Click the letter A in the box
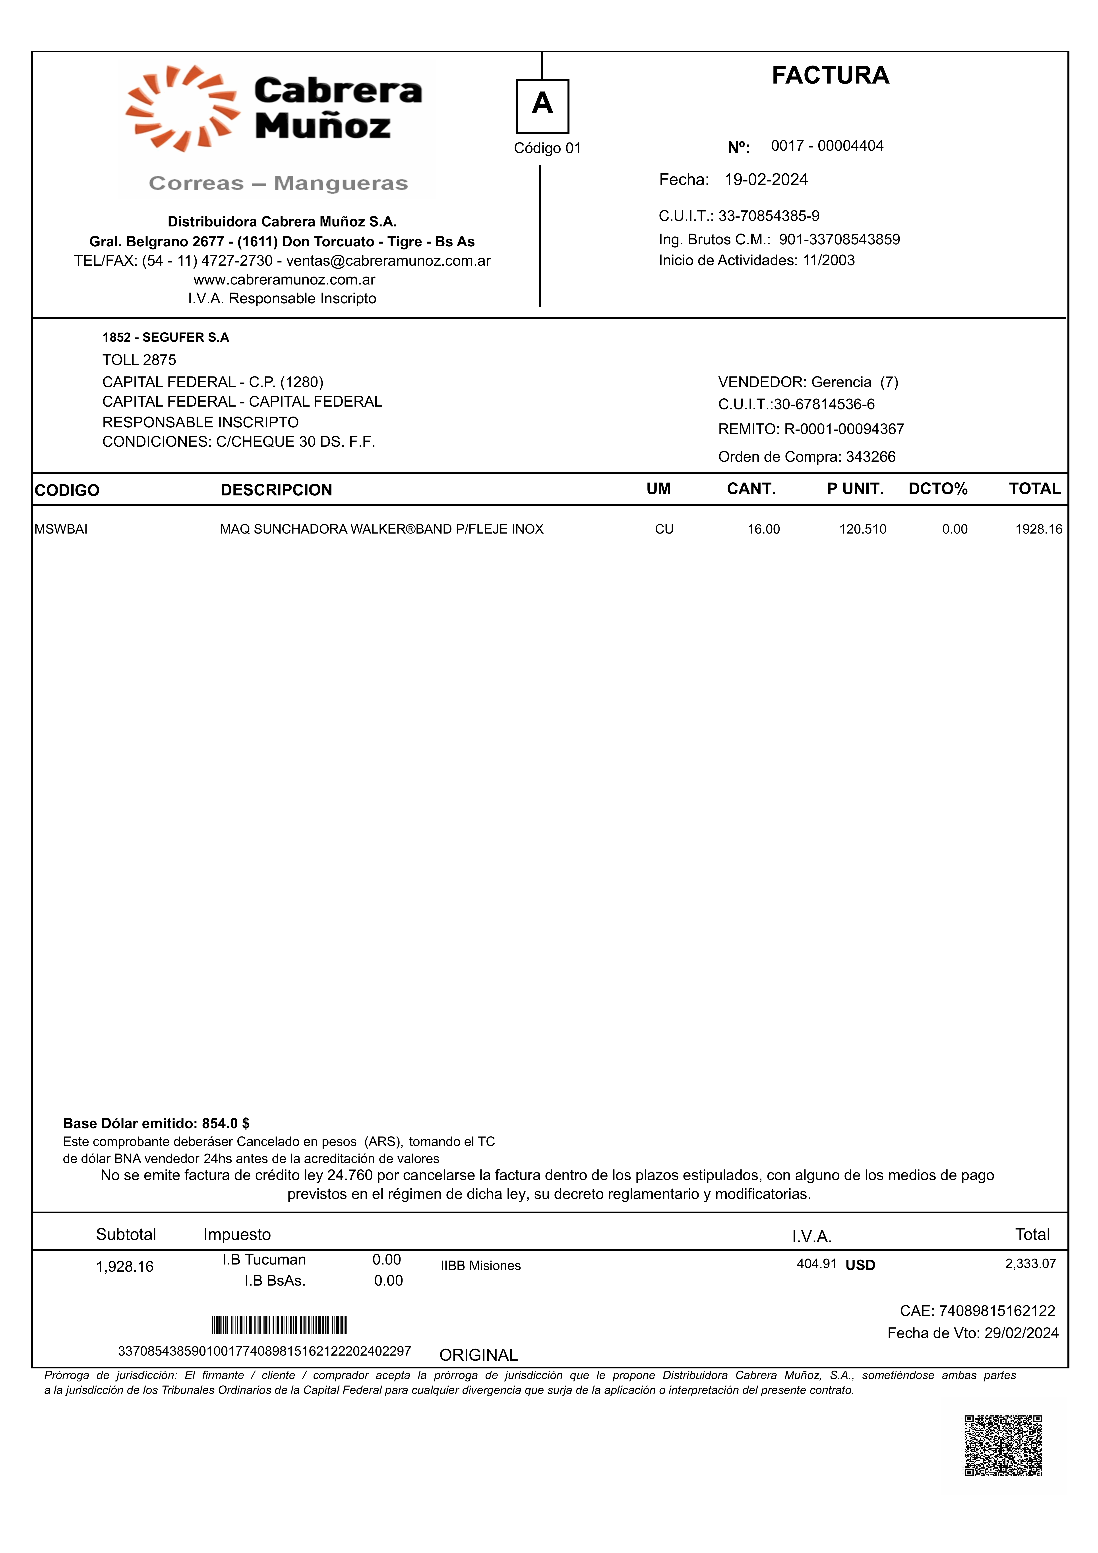click(x=542, y=104)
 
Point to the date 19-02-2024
click(x=766, y=180)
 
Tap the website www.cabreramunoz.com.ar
click(x=284, y=280)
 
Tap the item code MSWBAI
click(x=61, y=530)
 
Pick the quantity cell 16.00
click(x=763, y=530)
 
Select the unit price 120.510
click(x=862, y=530)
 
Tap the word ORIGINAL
click(x=478, y=1356)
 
